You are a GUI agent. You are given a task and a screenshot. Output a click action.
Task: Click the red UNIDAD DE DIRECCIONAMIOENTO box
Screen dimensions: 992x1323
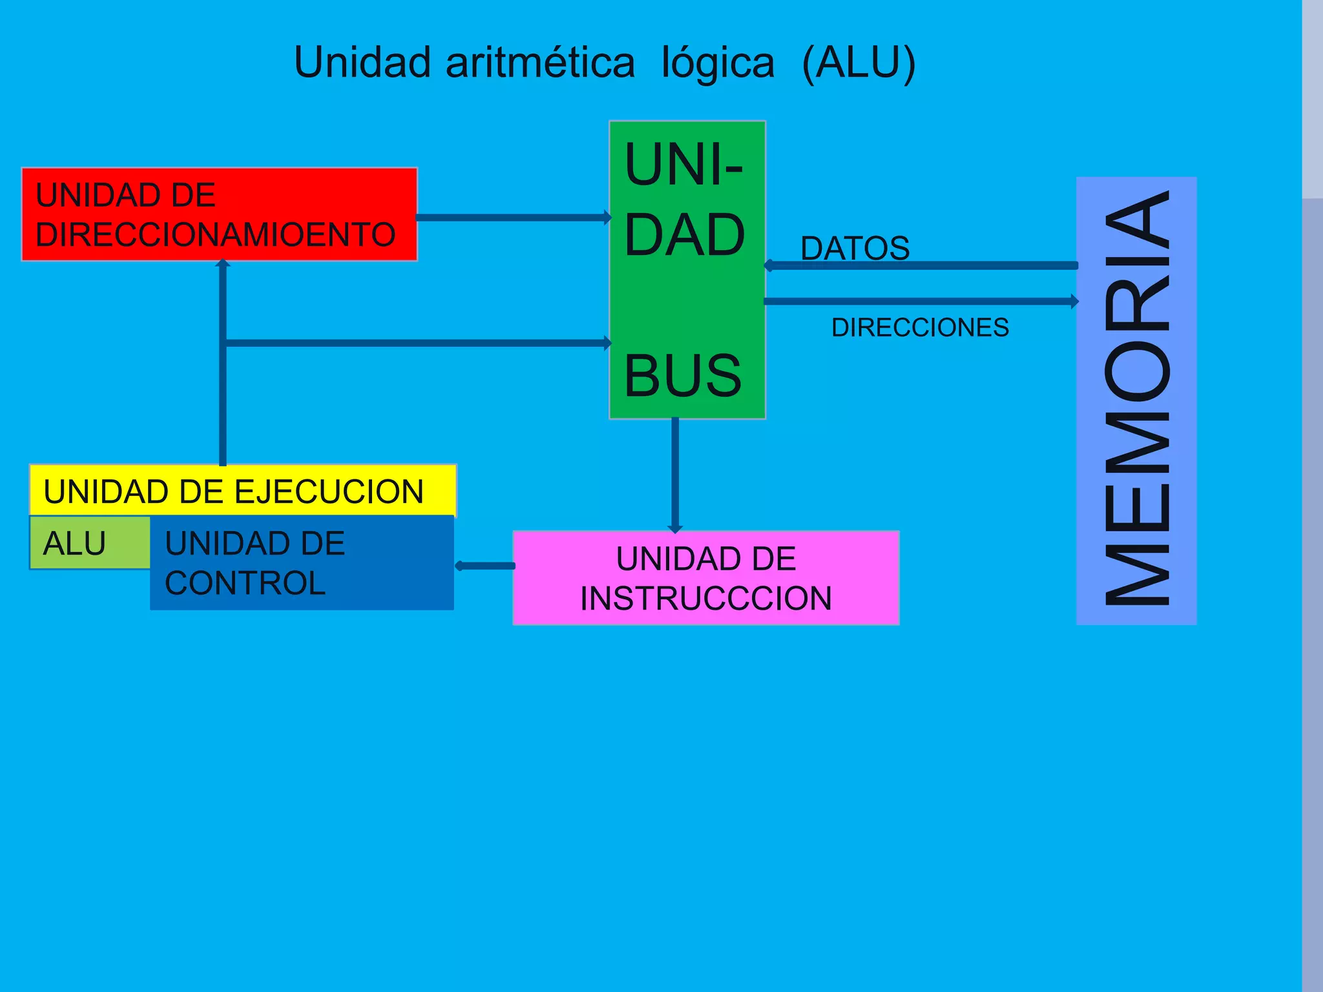coord(220,214)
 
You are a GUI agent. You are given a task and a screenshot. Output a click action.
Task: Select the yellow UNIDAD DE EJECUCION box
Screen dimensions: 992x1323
coord(243,491)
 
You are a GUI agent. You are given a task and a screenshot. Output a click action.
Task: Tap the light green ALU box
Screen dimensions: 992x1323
coord(89,542)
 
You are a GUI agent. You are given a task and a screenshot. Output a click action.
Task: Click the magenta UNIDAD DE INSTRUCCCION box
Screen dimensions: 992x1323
coord(705,578)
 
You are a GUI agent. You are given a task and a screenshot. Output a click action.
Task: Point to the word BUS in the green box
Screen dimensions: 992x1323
coord(683,376)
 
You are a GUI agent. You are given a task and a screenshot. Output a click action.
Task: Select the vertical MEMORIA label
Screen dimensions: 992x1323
coord(1136,400)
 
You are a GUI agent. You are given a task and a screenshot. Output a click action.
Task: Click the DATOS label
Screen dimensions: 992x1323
coord(855,248)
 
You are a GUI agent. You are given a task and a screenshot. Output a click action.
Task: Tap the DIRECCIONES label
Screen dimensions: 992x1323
coord(920,327)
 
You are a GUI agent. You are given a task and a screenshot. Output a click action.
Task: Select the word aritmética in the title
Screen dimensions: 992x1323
coord(540,63)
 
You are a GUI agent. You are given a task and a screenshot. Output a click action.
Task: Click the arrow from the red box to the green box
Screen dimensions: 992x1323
coord(514,218)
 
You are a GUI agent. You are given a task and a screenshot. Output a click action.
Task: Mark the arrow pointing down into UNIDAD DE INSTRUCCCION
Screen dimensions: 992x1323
coord(675,475)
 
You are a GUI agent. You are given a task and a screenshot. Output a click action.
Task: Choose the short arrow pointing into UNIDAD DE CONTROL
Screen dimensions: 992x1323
coord(485,566)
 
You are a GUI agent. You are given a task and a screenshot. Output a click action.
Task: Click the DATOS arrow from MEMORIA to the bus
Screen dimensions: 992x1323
coord(921,265)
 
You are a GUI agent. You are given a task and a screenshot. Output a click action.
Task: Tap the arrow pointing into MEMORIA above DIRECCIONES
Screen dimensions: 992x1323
coord(921,301)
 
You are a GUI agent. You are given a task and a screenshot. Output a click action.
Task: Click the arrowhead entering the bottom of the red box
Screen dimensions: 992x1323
coord(223,263)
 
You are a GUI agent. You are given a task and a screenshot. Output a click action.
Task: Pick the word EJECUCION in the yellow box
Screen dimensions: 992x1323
coord(329,491)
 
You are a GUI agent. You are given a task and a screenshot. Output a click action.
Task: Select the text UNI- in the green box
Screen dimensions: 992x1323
coord(684,165)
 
